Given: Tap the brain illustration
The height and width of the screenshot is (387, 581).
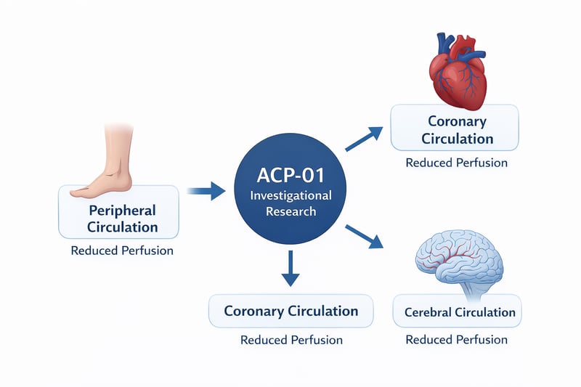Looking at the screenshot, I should tap(457, 255).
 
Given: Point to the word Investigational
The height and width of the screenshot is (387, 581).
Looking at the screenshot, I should tap(290, 196).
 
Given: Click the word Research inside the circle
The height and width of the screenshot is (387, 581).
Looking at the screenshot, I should tap(290, 212).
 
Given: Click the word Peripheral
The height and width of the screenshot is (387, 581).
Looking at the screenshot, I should tap(122, 210).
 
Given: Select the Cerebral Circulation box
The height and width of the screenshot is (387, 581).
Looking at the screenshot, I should tap(455, 313).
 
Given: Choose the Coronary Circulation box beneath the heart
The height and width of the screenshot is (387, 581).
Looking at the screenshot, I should tap(455, 129).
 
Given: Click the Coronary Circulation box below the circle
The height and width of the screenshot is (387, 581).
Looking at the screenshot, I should tap(290, 311).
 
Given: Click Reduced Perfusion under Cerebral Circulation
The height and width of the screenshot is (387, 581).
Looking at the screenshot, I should tap(456, 339).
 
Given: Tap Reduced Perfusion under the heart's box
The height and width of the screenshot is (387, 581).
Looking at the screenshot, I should tap(456, 163).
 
